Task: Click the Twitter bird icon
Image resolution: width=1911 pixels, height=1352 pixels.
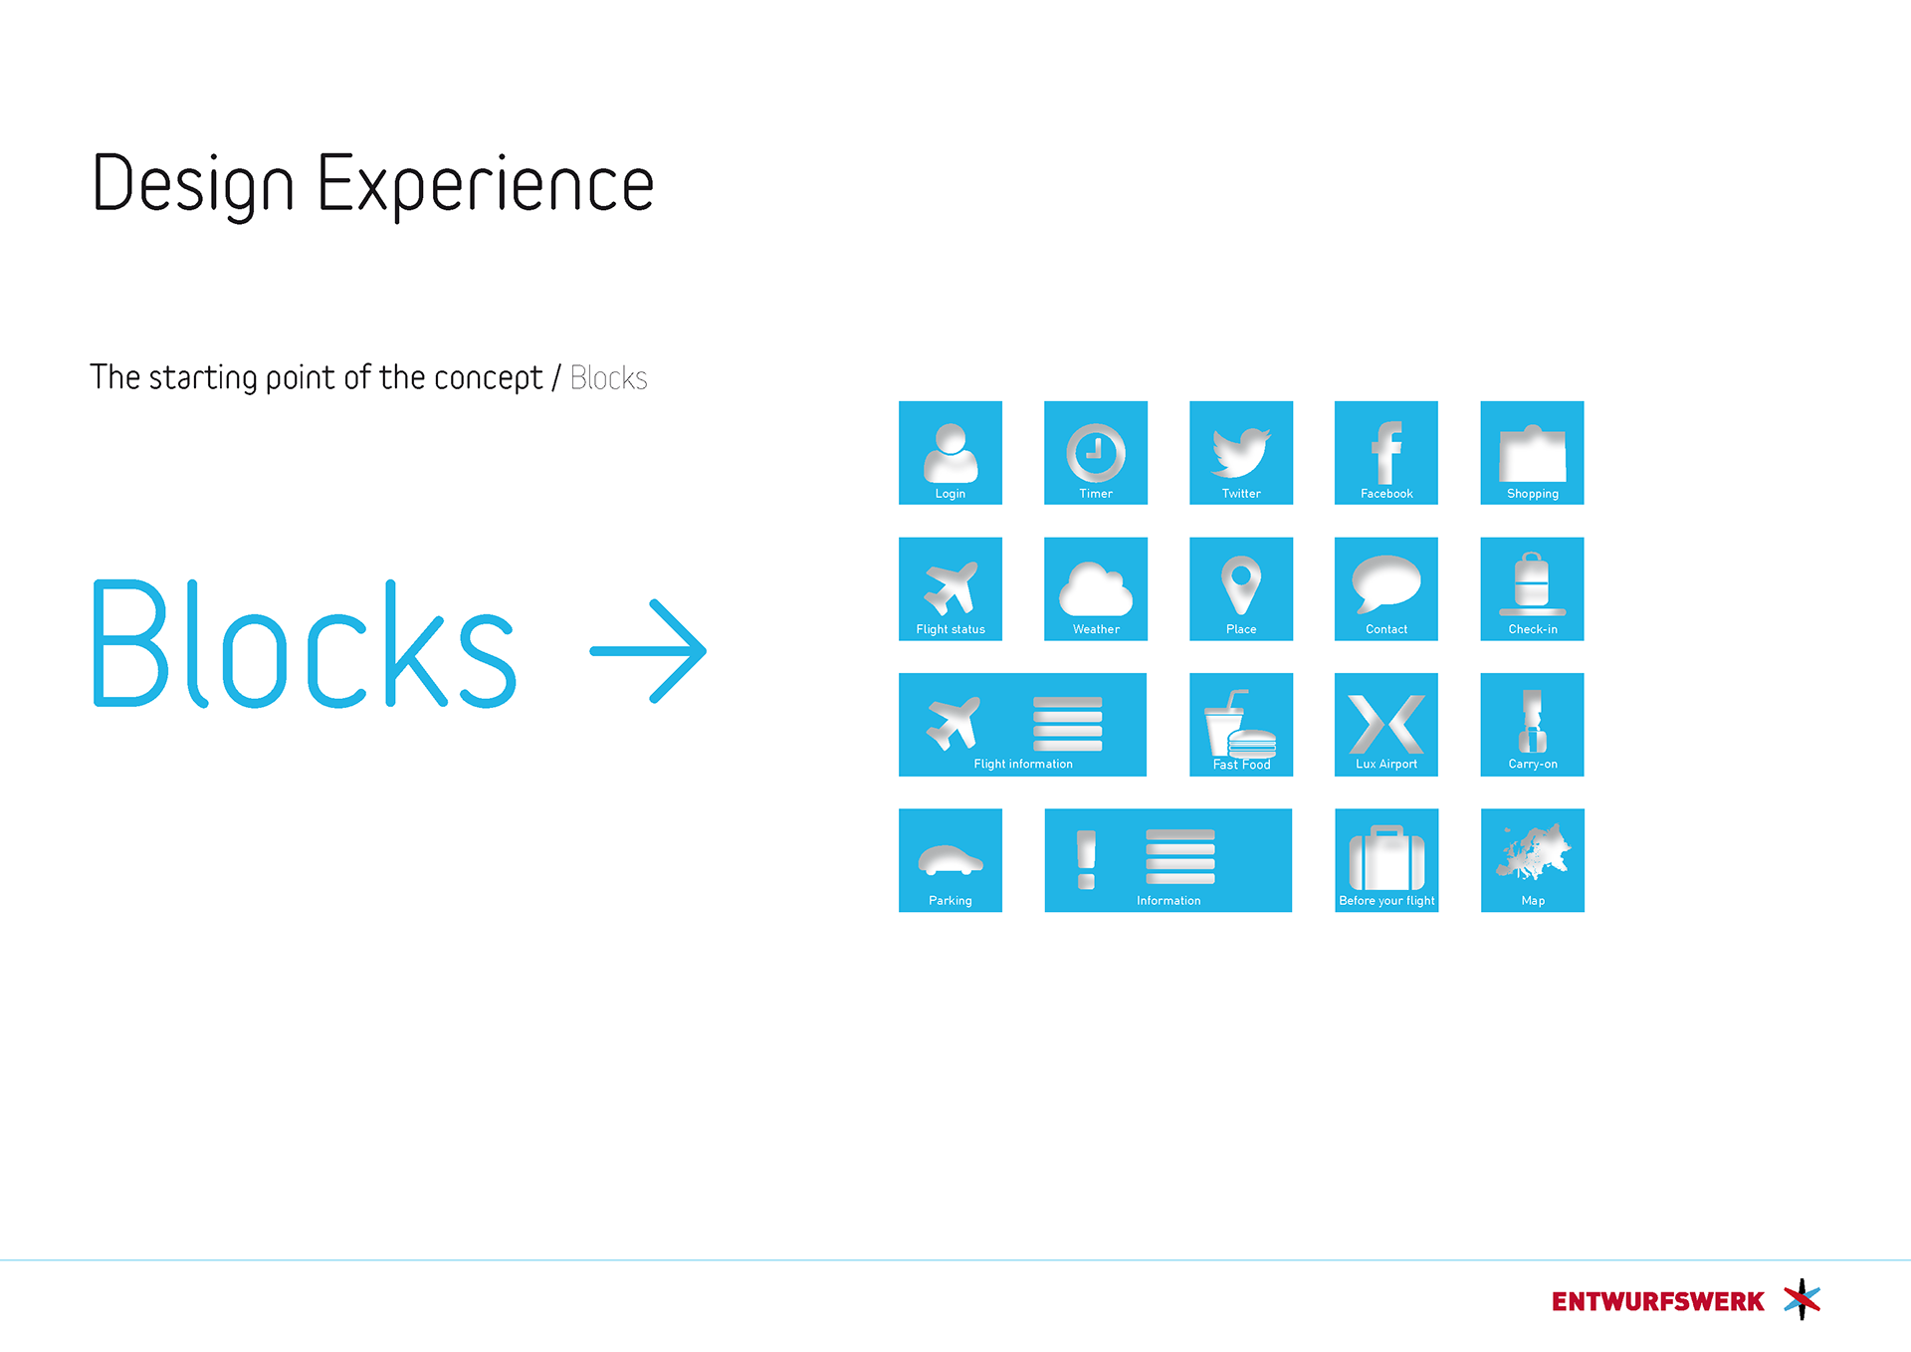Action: (1240, 452)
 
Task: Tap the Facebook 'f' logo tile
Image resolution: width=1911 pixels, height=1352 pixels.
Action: (1386, 453)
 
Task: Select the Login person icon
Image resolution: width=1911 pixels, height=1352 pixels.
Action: (951, 453)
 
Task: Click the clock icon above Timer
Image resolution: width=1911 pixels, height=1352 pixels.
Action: (1096, 453)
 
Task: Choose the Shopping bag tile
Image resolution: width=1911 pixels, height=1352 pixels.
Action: (1532, 453)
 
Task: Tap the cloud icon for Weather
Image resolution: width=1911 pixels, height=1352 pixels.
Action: (1096, 589)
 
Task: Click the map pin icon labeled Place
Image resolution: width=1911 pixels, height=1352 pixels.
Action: (1241, 585)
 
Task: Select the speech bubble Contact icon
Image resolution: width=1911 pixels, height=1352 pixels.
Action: (1386, 584)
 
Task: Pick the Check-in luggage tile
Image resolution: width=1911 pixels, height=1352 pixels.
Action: (1532, 589)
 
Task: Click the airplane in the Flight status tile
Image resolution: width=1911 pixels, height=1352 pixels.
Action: (951, 587)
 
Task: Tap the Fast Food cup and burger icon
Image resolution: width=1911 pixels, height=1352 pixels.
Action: (1240, 726)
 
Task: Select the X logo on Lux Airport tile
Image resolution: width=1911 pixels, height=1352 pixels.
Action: (1386, 724)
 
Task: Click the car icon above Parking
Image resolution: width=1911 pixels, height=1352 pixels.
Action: (951, 860)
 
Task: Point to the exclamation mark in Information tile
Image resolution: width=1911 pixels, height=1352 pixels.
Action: (1086, 859)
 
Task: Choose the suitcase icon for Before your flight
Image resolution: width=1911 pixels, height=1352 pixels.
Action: (1386, 858)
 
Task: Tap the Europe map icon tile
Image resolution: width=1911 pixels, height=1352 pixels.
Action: (1533, 860)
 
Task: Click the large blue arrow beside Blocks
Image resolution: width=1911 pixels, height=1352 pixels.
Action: (648, 651)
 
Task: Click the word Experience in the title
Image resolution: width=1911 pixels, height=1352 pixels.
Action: (486, 184)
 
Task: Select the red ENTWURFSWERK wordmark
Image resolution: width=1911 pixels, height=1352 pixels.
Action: (1657, 1301)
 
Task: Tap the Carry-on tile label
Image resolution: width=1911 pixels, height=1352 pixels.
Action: (1533, 765)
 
